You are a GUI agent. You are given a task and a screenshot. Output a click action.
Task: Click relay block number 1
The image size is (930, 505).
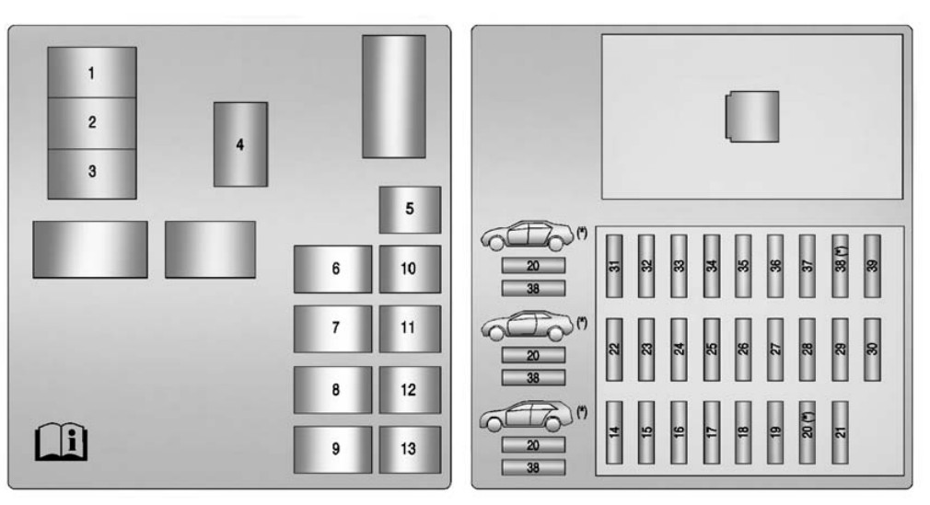point(92,73)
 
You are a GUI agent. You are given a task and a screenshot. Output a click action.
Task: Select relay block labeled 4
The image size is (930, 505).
point(240,144)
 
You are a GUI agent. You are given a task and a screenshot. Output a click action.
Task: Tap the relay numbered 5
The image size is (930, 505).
point(410,210)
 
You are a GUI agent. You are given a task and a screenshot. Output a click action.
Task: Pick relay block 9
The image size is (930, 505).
point(332,449)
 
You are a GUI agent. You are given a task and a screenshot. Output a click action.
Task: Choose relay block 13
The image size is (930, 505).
point(410,449)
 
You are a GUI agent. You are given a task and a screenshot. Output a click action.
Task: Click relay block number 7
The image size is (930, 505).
point(332,329)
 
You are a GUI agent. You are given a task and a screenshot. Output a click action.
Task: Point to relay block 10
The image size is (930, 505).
point(410,270)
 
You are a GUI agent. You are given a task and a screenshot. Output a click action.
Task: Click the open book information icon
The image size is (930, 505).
point(61,442)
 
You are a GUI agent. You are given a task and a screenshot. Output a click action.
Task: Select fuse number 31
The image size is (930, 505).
point(614,266)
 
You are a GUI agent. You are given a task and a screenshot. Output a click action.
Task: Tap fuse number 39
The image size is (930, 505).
point(872,266)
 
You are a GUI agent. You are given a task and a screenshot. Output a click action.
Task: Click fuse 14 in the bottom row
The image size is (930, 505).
point(614,432)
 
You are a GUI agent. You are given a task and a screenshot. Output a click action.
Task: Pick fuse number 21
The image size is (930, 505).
point(840,432)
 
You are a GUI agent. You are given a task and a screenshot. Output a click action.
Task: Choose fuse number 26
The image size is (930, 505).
point(743,350)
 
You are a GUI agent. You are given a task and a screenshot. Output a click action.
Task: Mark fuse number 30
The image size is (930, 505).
point(872,350)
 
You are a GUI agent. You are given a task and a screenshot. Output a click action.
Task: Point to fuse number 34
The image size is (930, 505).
point(711,266)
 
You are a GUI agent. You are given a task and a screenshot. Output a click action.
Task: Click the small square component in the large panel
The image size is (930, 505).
point(752,116)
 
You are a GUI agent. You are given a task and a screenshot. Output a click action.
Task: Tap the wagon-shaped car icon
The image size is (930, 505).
point(527,416)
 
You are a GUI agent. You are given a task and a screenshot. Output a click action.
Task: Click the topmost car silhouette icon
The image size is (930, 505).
point(527,235)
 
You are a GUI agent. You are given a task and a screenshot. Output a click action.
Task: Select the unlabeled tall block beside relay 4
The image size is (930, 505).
point(394,97)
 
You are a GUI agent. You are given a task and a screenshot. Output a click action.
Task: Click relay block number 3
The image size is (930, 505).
point(92,173)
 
